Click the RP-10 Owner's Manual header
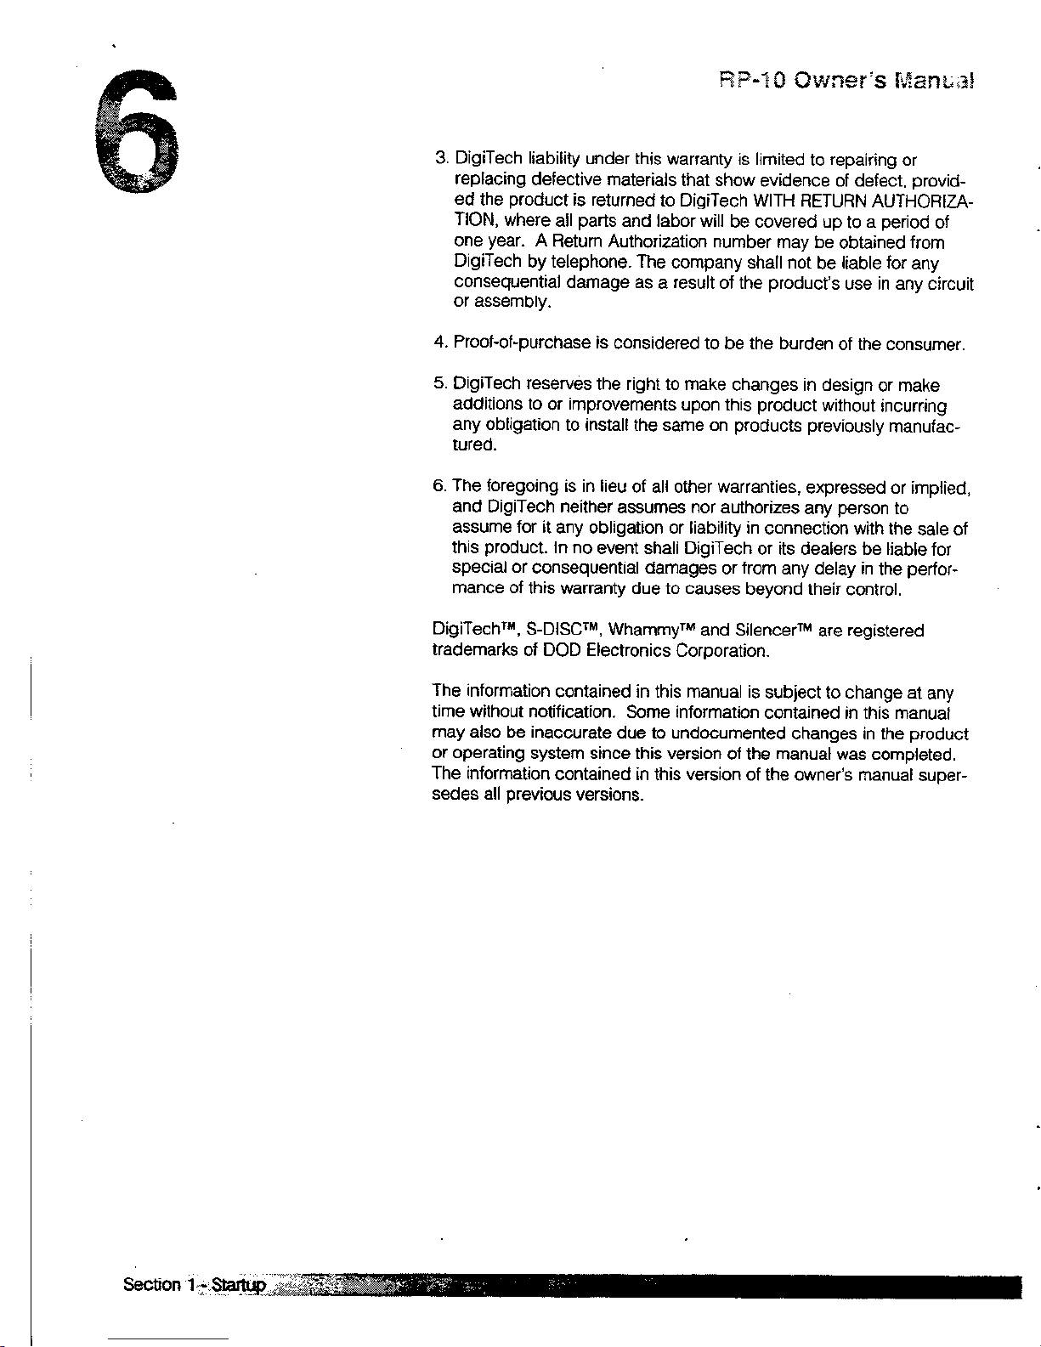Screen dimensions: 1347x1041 coord(846,82)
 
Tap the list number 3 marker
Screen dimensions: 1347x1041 coord(440,159)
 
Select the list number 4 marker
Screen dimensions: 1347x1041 coord(439,343)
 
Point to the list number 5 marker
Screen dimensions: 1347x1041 coord(439,385)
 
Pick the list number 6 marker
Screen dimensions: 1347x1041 coord(439,487)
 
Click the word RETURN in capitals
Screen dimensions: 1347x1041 coord(828,201)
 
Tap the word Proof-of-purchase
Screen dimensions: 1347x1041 coord(522,343)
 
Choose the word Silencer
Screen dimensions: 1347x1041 coord(765,631)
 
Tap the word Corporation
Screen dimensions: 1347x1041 coord(722,652)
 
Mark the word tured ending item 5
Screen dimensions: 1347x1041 coord(471,445)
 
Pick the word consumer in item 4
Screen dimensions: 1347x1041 coord(925,344)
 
